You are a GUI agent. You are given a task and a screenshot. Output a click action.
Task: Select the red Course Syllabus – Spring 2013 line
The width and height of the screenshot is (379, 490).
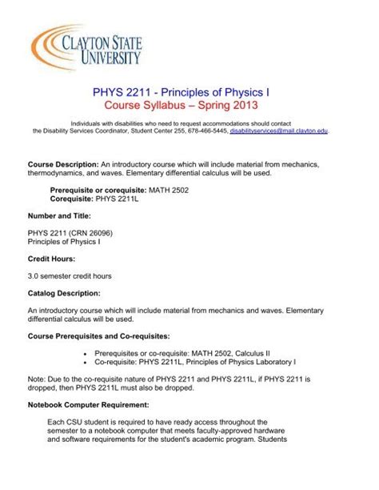coord(189,106)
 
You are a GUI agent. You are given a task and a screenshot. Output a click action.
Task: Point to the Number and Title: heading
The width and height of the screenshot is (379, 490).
coord(58,215)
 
